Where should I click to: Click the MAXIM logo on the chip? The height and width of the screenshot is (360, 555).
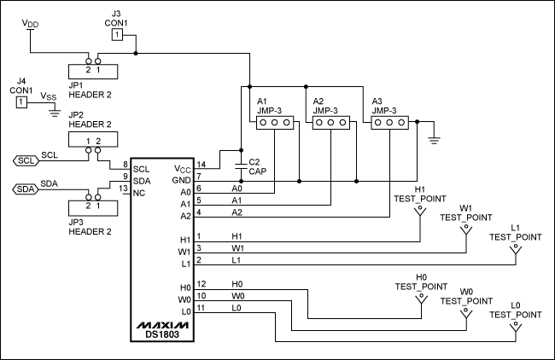pyautogui.click(x=161, y=326)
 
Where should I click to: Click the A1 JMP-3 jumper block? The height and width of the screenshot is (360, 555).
pyautogui.click(x=275, y=123)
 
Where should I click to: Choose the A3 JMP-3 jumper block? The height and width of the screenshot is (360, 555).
pyautogui.click(x=389, y=123)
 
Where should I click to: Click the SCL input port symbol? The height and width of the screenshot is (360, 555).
pyautogui.click(x=26, y=160)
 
